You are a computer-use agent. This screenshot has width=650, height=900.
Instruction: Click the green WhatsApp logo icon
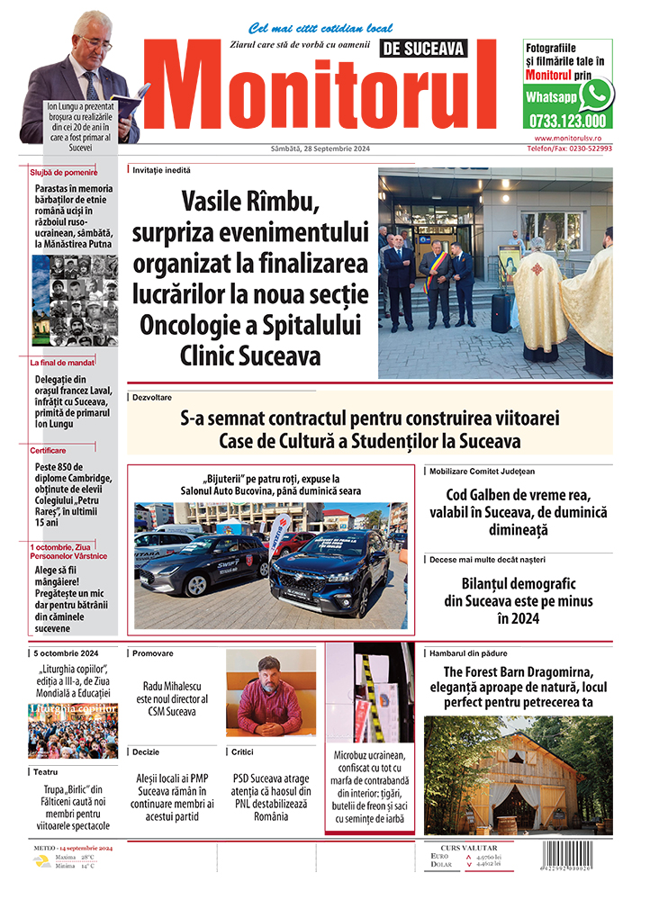point(595,94)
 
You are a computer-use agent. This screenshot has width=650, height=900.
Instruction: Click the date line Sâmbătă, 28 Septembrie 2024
point(320,148)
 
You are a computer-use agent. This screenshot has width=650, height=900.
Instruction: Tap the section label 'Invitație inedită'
point(161,169)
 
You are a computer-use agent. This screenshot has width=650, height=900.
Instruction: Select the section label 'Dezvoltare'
point(152,397)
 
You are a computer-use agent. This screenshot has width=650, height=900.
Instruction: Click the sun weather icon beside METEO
point(41,860)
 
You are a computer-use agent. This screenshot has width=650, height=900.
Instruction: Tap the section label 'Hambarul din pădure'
point(469,653)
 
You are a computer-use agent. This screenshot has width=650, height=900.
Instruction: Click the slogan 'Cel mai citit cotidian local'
point(320,28)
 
